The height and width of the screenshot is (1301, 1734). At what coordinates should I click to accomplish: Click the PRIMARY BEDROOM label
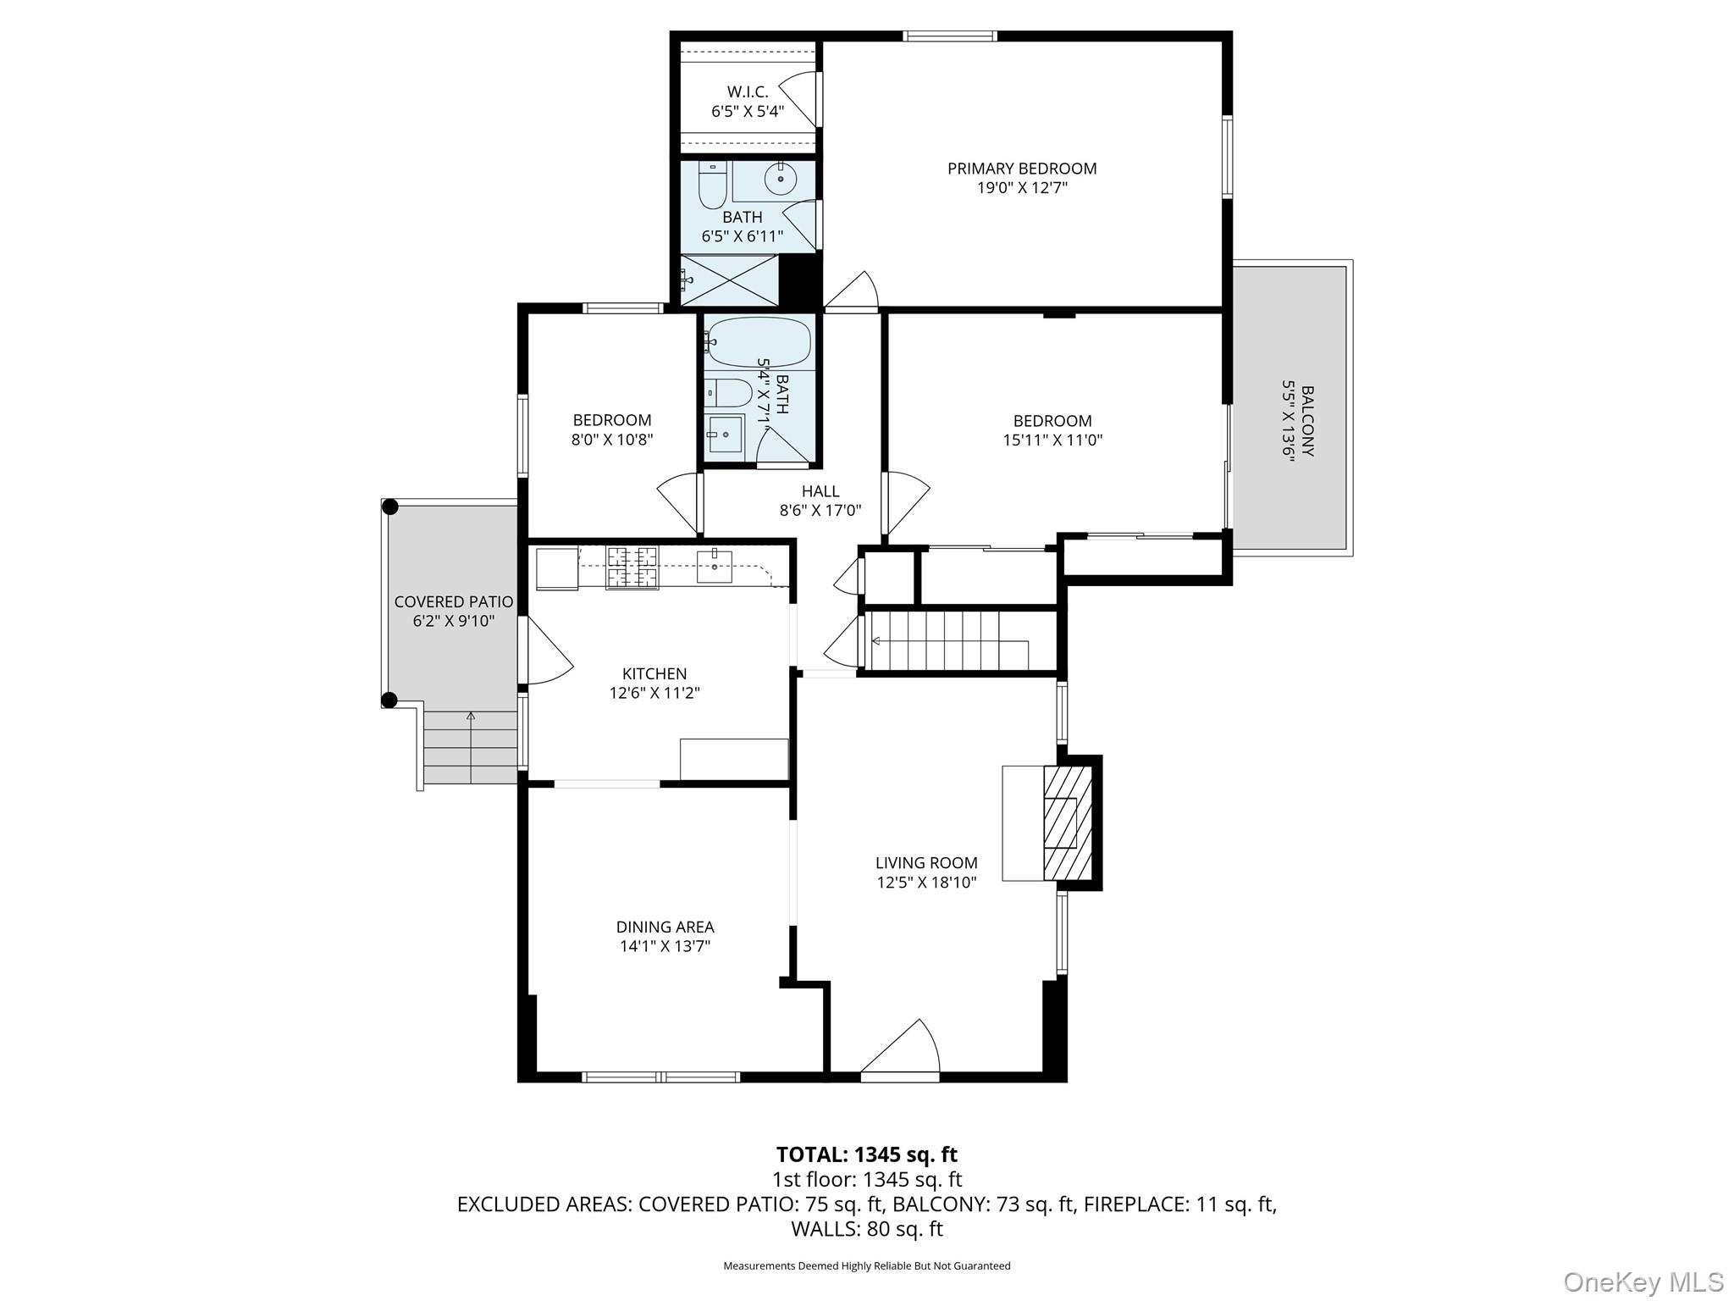(x=1021, y=169)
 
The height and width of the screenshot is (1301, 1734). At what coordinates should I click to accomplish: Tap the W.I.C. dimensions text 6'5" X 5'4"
(x=747, y=111)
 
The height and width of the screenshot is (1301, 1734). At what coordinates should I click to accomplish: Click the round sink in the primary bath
(x=779, y=179)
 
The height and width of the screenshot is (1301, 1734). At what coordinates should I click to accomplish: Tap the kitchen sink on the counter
(x=714, y=565)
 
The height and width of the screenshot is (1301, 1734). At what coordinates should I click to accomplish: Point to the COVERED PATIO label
(x=453, y=602)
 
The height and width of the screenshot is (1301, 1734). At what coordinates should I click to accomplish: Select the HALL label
(x=820, y=491)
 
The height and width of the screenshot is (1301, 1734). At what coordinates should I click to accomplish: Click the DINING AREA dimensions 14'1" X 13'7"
(x=665, y=946)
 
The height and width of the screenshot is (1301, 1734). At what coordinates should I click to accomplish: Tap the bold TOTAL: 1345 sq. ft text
(x=866, y=1154)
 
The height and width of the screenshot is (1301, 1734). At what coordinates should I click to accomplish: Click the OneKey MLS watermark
(x=1643, y=1282)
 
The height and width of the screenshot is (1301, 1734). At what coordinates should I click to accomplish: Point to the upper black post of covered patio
(x=390, y=507)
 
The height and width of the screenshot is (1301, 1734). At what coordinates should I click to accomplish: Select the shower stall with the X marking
(x=730, y=280)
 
